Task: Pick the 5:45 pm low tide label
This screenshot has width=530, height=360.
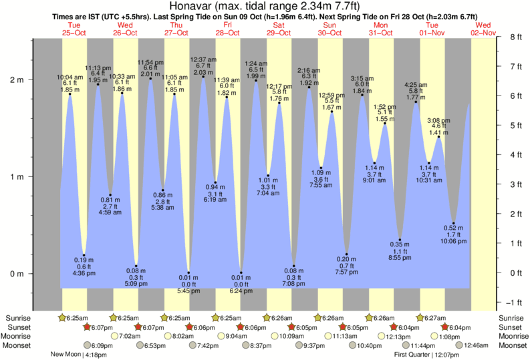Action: (188, 291)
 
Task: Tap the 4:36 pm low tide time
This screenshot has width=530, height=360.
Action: (84, 273)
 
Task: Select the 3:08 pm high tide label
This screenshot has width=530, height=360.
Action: (439, 120)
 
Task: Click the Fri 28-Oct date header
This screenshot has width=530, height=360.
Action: (227, 28)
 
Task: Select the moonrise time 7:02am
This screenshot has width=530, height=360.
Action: (129, 337)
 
